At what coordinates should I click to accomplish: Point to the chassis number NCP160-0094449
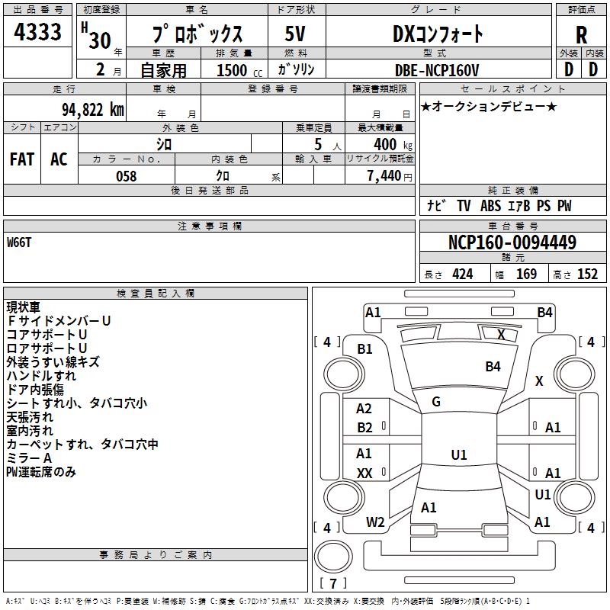click(512, 242)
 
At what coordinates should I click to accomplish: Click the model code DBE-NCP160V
click(438, 70)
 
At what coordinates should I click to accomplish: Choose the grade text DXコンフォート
click(438, 34)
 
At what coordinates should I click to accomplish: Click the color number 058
click(126, 176)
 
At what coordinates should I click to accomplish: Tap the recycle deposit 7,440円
click(389, 176)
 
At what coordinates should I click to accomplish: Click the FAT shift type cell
click(21, 159)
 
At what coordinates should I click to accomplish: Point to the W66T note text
click(20, 242)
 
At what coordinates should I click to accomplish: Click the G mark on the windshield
click(436, 402)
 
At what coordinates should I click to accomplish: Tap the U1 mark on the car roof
click(458, 455)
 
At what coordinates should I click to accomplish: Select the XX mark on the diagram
click(364, 474)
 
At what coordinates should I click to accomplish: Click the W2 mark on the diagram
click(375, 522)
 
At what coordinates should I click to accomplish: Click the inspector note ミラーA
click(29, 457)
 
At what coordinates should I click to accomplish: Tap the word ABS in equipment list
click(492, 206)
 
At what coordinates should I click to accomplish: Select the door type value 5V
click(297, 34)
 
